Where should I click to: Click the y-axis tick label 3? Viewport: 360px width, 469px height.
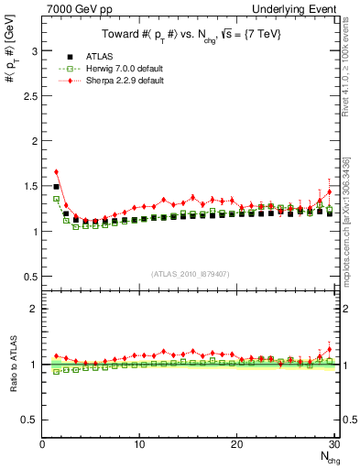(34, 51)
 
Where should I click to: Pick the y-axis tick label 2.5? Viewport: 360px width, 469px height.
(30, 96)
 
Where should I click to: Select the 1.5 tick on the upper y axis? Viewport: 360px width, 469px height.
(30, 186)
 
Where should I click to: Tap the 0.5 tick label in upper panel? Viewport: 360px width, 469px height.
(30, 276)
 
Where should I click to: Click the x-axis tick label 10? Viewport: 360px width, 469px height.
(139, 445)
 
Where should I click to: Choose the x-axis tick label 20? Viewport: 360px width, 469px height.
(236, 445)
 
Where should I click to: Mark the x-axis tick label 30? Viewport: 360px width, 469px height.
(333, 445)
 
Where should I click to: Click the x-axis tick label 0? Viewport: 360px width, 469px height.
(42, 445)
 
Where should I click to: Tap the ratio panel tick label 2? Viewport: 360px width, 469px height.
(34, 309)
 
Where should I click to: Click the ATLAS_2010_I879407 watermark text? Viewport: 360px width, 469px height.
(189, 274)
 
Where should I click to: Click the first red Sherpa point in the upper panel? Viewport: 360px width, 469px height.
(56, 171)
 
